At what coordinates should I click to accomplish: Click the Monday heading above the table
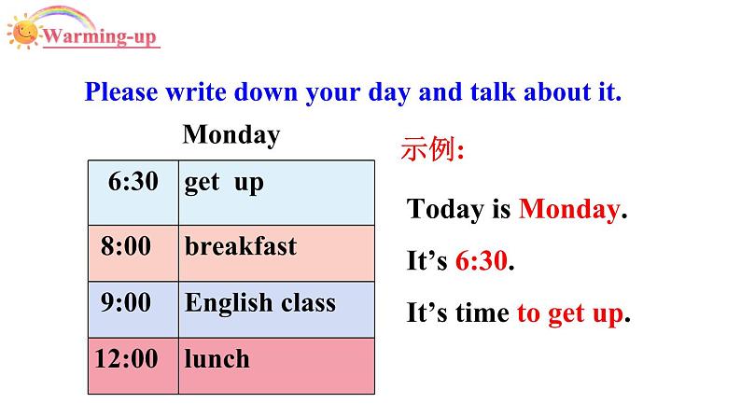(x=231, y=135)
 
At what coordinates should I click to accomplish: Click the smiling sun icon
(x=23, y=34)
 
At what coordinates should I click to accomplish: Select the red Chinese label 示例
(x=430, y=150)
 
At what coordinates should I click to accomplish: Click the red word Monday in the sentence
(x=568, y=210)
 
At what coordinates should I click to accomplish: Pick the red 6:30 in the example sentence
(x=482, y=262)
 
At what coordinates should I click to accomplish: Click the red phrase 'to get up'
(x=569, y=315)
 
